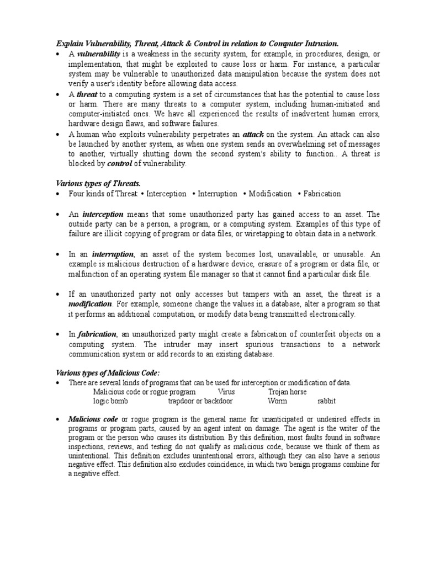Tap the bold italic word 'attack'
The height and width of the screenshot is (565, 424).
pyautogui.click(x=254, y=134)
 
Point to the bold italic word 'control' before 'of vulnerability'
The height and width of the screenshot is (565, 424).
pyautogui.click(x=119, y=164)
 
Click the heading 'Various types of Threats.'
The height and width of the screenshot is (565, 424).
pyautogui.click(x=94, y=183)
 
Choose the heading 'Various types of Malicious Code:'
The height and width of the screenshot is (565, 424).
pyautogui.click(x=104, y=373)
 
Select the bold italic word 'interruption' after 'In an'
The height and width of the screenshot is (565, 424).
pyautogui.click(x=113, y=254)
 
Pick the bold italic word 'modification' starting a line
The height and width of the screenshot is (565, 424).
pyautogui.click(x=91, y=304)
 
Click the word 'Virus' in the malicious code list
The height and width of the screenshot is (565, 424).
pyautogui.click(x=226, y=392)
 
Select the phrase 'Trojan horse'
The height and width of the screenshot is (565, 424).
pyautogui.click(x=287, y=392)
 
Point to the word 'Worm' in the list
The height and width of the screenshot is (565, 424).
pyautogui.click(x=277, y=401)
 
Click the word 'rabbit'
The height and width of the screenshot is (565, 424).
pyautogui.click(x=326, y=401)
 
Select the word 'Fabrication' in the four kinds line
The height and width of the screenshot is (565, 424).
pyautogui.click(x=322, y=194)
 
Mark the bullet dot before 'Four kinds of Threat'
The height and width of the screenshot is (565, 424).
pyautogui.click(x=58, y=194)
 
